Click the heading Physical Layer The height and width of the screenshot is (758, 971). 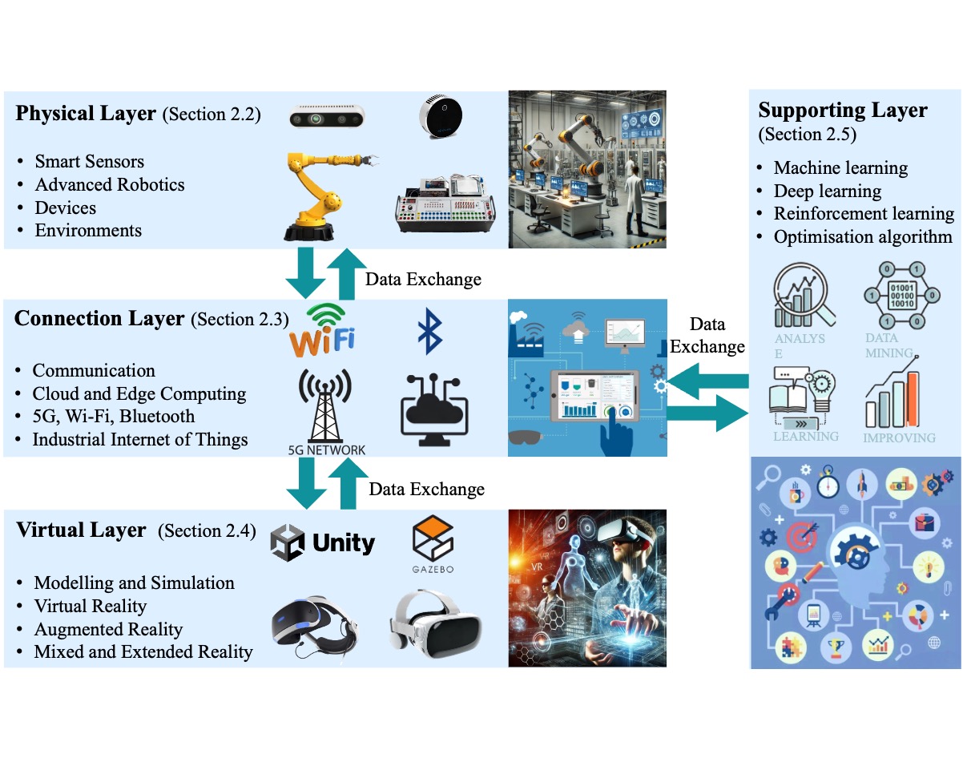point(86,113)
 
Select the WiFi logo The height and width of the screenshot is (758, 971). point(323,330)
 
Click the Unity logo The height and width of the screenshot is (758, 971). point(323,544)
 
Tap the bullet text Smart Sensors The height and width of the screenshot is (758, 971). point(90,162)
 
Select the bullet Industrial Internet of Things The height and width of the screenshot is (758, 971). point(140,439)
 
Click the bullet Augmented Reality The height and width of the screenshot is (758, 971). point(108,629)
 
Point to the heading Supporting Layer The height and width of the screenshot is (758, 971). point(843,110)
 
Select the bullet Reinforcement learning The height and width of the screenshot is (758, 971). point(864,214)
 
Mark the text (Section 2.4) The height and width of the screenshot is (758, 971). point(207,530)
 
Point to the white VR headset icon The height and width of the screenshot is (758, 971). point(434,620)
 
